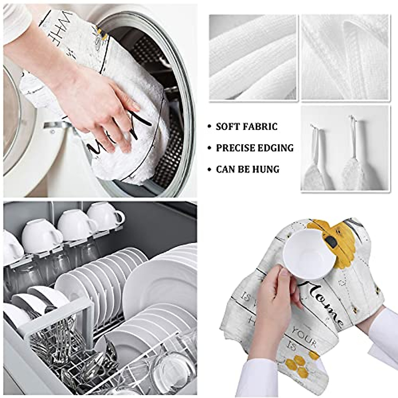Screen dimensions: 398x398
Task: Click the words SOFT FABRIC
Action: pos(246,126)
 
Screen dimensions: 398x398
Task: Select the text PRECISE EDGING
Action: pos(255,148)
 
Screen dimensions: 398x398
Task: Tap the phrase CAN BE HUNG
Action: pos(247,169)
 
